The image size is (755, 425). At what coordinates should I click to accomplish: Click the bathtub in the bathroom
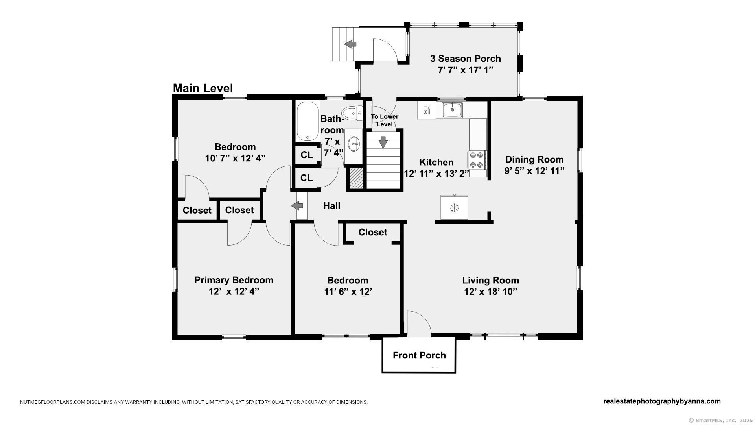tap(308, 121)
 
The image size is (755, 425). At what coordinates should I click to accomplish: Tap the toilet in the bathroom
tap(352, 113)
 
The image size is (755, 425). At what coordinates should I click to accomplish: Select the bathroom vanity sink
tap(354, 144)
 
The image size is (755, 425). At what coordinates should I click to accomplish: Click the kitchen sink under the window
tap(452, 110)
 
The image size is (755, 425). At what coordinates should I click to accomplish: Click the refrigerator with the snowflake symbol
tap(455, 207)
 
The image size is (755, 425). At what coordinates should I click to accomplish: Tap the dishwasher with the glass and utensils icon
tap(427, 110)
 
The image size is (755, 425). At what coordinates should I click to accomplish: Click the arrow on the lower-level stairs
tap(383, 142)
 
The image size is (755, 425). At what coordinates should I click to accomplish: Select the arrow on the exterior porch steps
tap(350, 44)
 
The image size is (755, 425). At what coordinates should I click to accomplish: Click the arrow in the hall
tap(297, 205)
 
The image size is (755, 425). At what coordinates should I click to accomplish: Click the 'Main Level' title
tap(203, 88)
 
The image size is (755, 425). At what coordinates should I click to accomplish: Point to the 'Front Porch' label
tap(419, 355)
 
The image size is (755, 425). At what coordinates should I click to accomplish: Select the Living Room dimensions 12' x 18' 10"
tap(490, 292)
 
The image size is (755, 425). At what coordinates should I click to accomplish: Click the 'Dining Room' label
tap(534, 159)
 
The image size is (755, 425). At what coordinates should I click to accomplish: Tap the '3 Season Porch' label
tap(466, 59)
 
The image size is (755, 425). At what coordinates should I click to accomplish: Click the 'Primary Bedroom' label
tap(234, 280)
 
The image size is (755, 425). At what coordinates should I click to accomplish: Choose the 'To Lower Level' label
tap(385, 120)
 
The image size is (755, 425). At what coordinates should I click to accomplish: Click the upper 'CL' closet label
tap(307, 155)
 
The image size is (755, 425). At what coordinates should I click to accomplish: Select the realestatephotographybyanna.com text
tap(662, 401)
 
